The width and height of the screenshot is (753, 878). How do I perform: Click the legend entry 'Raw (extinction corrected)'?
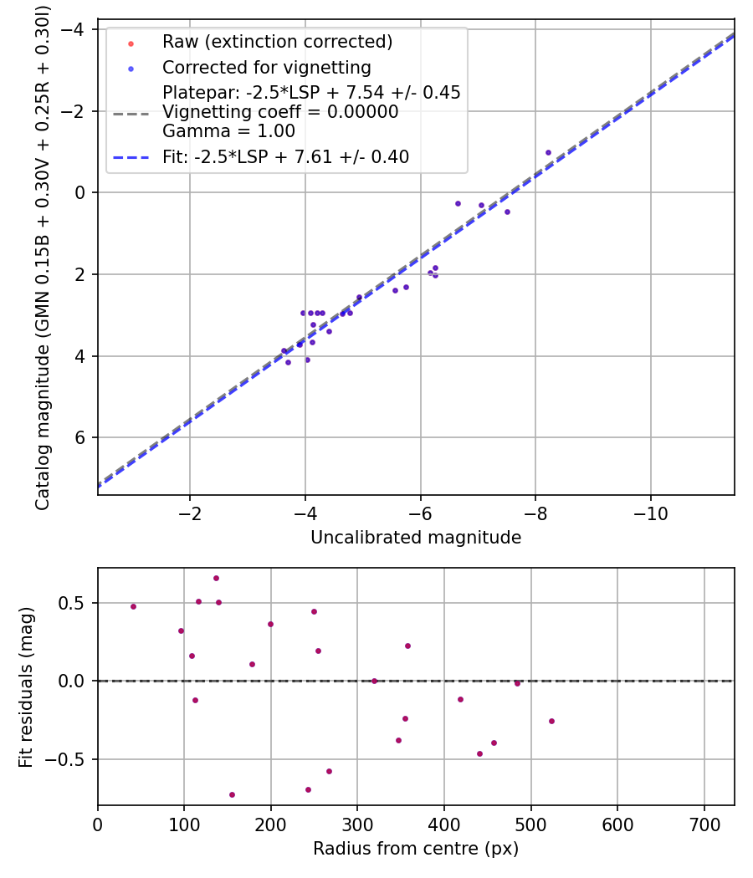click(x=277, y=42)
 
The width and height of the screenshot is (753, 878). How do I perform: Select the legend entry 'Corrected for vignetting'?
click(x=267, y=67)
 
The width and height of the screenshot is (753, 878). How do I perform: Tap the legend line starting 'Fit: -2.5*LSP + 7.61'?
click(x=285, y=157)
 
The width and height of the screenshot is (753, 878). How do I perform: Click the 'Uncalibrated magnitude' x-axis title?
click(x=416, y=538)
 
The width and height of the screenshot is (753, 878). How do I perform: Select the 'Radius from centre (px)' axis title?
click(x=416, y=849)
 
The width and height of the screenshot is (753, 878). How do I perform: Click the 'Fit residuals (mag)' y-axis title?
click(x=27, y=687)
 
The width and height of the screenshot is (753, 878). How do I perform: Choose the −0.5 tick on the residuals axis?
click(x=71, y=759)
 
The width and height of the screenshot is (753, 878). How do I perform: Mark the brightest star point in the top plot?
click(x=548, y=152)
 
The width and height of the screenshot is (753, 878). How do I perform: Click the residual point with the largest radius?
click(x=551, y=721)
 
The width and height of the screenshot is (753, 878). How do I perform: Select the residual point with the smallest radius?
click(x=133, y=606)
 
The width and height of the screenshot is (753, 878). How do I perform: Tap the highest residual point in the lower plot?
click(x=216, y=578)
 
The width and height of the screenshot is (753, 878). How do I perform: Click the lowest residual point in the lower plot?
click(x=232, y=794)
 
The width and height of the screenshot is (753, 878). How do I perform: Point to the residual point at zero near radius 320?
click(x=374, y=681)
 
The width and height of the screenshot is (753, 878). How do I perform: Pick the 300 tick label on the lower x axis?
click(x=357, y=824)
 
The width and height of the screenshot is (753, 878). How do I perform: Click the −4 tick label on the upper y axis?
click(x=79, y=30)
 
